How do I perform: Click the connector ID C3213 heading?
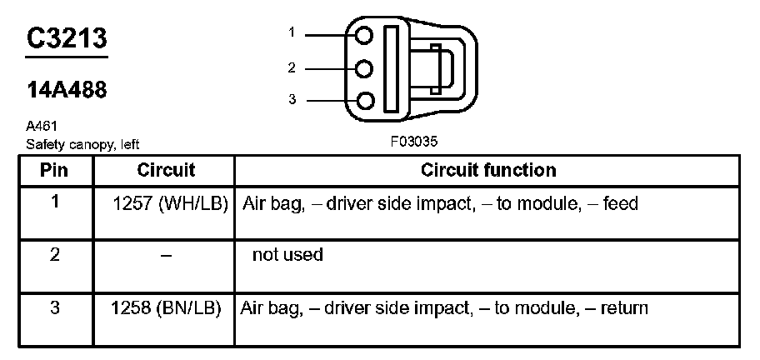pyautogui.click(x=67, y=38)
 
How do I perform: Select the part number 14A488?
pyautogui.click(x=67, y=90)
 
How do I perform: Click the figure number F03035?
pyautogui.click(x=414, y=142)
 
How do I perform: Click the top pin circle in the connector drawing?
pyautogui.click(x=364, y=35)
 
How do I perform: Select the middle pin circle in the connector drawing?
pyautogui.click(x=364, y=68)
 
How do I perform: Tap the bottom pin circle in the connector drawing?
pyautogui.click(x=364, y=101)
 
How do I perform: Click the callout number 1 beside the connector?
pyautogui.click(x=292, y=32)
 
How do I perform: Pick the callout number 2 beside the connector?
pyautogui.click(x=292, y=67)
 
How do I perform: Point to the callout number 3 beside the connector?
pyautogui.click(x=292, y=100)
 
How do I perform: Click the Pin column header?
pyautogui.click(x=55, y=171)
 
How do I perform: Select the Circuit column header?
pyautogui.click(x=166, y=171)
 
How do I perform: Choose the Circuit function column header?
pyautogui.click(x=487, y=171)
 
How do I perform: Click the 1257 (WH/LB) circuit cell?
pyautogui.click(x=170, y=204)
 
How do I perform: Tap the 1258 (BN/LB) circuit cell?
pyautogui.click(x=166, y=308)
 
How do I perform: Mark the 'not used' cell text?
pyautogui.click(x=287, y=255)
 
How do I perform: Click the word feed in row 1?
pyautogui.click(x=621, y=204)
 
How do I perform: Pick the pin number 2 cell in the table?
pyautogui.click(x=55, y=255)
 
